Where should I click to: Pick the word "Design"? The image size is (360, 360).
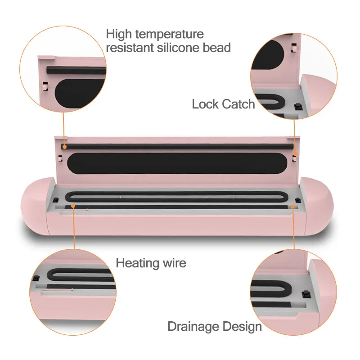point(243,326)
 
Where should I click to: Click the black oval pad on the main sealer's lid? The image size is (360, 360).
point(175,162)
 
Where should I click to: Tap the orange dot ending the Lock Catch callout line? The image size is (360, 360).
point(294,154)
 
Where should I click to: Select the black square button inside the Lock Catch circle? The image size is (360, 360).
point(297,107)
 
